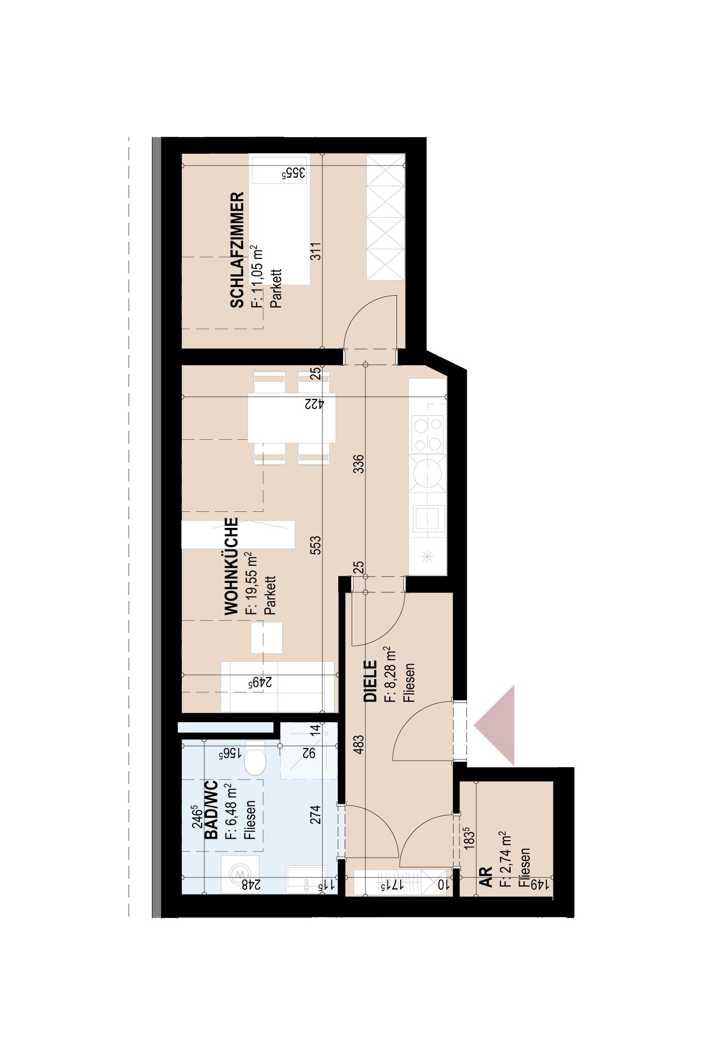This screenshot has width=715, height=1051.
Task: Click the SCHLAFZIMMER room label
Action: [237, 250]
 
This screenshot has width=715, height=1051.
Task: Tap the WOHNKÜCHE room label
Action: [231, 566]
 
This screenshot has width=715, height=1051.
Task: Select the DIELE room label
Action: [370, 681]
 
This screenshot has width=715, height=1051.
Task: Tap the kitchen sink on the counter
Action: [428, 518]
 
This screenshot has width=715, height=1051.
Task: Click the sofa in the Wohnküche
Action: [278, 686]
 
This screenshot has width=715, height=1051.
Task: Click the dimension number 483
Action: [359, 745]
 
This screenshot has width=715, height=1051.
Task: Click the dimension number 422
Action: [314, 404]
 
